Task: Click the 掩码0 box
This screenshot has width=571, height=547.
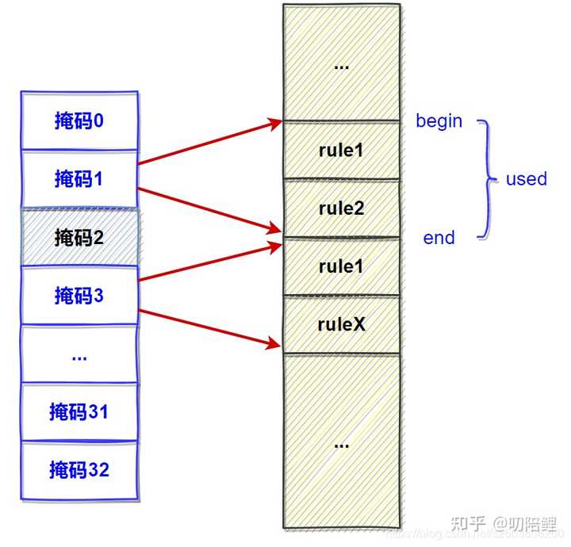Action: point(79,120)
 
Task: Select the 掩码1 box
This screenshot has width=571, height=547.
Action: point(79,179)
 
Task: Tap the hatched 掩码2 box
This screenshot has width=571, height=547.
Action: point(79,237)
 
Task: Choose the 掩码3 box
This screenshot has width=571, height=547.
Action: point(79,296)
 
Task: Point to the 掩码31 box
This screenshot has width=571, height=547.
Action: point(79,412)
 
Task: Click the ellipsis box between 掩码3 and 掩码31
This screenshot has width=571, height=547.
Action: point(79,354)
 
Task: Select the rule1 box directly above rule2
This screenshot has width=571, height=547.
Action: point(341,150)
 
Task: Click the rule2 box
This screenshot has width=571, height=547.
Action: point(341,208)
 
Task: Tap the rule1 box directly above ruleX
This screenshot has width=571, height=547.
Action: point(341,266)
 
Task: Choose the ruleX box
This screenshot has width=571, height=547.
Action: point(341,325)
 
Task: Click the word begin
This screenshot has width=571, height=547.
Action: point(439,121)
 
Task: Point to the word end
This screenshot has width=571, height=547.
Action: point(439,238)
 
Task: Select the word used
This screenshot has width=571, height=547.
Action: point(527,179)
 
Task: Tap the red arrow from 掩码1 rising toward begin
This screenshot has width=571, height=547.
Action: point(210,143)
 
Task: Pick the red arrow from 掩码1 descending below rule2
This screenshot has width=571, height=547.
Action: point(210,209)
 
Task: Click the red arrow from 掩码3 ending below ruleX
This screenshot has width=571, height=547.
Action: point(210,327)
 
